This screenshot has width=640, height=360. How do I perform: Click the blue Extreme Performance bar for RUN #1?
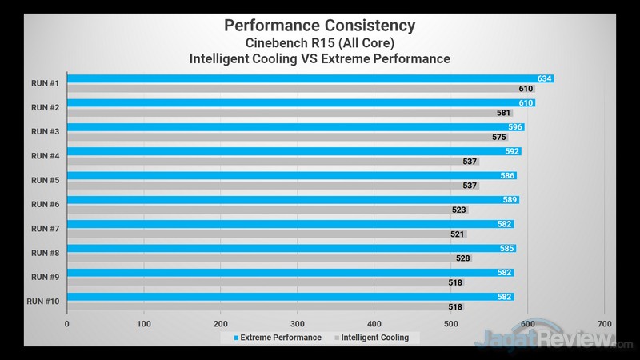[304, 78]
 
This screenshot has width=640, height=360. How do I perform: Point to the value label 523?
[459, 210]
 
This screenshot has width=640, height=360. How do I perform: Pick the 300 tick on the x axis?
[298, 324]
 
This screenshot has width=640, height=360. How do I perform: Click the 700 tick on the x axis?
[604, 324]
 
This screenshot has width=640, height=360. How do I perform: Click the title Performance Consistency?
[320, 25]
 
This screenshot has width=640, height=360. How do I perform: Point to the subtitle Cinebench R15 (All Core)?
[320, 42]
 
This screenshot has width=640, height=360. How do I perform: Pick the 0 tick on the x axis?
[67, 324]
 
